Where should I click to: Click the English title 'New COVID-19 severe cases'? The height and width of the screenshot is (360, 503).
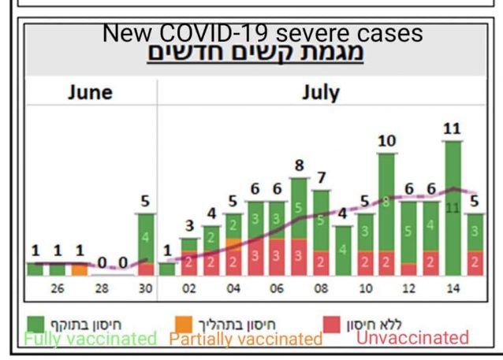click(x=263, y=34)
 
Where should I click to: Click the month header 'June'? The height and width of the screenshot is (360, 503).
click(x=89, y=92)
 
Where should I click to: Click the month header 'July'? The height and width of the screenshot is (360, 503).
click(x=320, y=92)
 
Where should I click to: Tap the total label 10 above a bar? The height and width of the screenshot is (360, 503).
click(x=386, y=142)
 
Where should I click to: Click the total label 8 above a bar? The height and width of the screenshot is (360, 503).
click(x=299, y=166)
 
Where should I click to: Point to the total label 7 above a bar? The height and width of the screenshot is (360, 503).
click(x=321, y=177)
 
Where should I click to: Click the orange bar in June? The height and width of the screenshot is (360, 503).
click(x=80, y=269)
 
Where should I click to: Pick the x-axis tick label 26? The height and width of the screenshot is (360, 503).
click(x=58, y=288)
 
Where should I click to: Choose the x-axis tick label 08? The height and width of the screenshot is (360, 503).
click(x=321, y=288)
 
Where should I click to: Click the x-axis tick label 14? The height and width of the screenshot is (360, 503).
click(x=453, y=288)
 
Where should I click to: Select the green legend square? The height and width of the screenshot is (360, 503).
click(x=36, y=323)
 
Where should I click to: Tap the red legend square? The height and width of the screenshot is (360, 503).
click(x=332, y=323)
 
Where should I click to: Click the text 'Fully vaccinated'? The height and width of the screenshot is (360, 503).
click(x=90, y=339)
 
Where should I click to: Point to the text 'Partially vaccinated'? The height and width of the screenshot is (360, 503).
click(x=246, y=339)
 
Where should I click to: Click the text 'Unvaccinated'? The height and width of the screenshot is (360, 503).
click(x=412, y=338)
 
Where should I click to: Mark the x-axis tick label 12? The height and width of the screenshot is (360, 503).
click(x=408, y=288)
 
